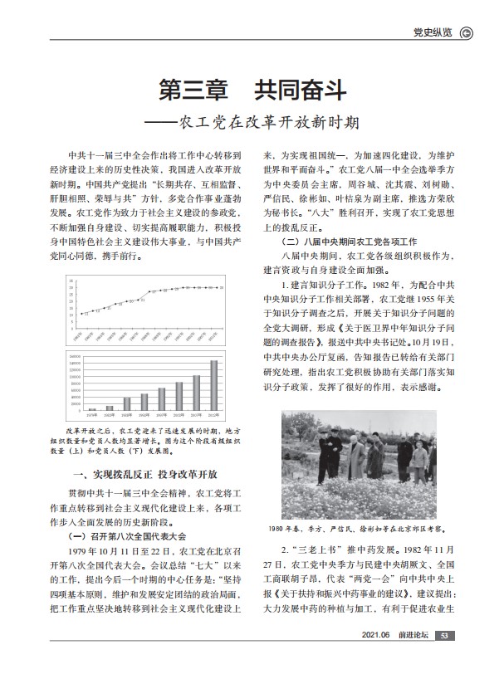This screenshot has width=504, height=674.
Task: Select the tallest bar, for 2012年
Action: pos(213,386)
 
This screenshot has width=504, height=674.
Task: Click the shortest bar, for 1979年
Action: pos(92,409)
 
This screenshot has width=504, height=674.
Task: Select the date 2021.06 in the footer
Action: pos(375,659)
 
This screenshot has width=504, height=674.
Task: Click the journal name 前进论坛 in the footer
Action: pos(414,659)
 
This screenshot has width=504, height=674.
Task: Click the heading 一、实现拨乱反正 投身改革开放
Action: pos(142,473)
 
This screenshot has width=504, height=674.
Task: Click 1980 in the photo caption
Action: pos(277,528)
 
